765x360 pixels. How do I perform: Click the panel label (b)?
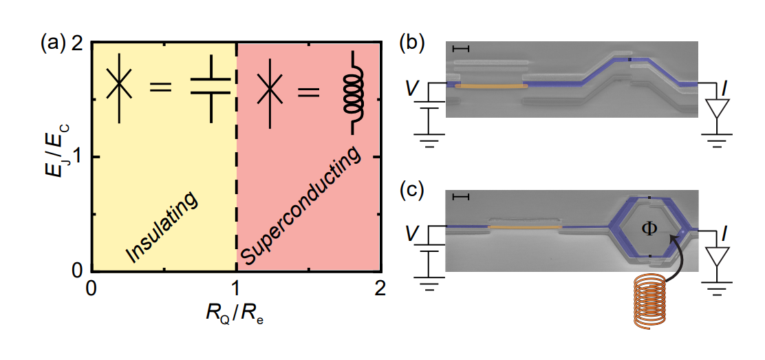pos(412,44)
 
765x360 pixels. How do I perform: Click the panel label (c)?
pos(412,191)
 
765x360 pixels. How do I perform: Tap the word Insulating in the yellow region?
pos(162,227)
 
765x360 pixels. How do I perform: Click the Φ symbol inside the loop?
pos(649,227)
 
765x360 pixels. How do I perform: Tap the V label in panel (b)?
pos(411,88)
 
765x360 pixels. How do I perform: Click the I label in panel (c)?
pos(722,236)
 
